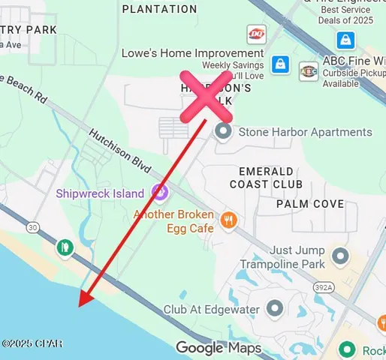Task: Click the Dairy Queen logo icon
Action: [x=256, y=34]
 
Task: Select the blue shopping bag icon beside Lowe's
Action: [x=280, y=64]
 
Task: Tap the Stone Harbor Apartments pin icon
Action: [x=223, y=132]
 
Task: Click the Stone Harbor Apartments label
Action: [x=305, y=132]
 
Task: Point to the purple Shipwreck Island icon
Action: [x=158, y=193]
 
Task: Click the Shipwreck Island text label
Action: [x=100, y=193]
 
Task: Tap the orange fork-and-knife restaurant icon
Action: [x=229, y=220]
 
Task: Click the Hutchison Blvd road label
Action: [x=120, y=150]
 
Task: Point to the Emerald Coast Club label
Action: [x=266, y=177]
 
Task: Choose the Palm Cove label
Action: [x=310, y=204]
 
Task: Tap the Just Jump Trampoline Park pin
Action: [x=341, y=256]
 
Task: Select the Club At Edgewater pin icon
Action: [x=275, y=309]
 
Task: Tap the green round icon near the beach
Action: [x=65, y=247]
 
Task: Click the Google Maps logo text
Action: [x=219, y=348]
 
